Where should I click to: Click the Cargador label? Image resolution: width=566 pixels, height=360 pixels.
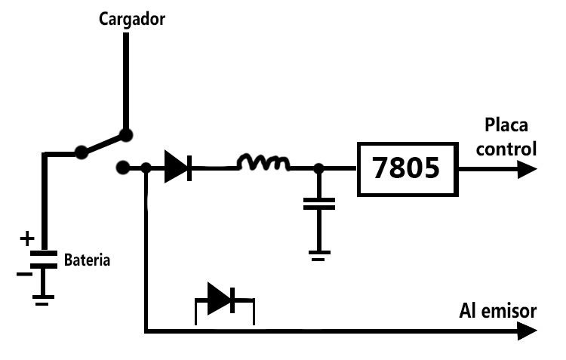pyautogui.click(x=132, y=20)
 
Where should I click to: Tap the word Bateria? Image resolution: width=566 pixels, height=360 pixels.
pyautogui.click(x=87, y=260)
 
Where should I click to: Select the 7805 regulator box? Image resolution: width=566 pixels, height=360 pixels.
pyautogui.click(x=408, y=169)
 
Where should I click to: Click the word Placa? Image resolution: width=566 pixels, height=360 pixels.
pyautogui.click(x=506, y=125)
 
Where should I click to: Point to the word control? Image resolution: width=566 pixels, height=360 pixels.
pyautogui.click(x=506, y=149)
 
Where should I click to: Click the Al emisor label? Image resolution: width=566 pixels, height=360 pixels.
pyautogui.click(x=498, y=311)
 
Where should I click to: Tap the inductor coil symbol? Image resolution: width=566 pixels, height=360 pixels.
pyautogui.click(x=263, y=162)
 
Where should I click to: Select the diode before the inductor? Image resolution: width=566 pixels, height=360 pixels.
pyautogui.click(x=178, y=167)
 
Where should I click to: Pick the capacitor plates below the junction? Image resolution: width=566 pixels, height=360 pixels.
pyautogui.click(x=319, y=204)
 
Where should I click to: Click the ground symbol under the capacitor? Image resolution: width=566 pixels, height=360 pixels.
pyautogui.click(x=319, y=256)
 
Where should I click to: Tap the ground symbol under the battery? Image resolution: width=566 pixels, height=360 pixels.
pyautogui.click(x=43, y=300)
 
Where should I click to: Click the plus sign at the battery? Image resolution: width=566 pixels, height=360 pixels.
pyautogui.click(x=27, y=238)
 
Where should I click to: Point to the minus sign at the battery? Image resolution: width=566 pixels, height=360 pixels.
pyautogui.click(x=24, y=275)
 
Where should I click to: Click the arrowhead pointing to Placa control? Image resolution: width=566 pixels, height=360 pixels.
pyautogui.click(x=527, y=169)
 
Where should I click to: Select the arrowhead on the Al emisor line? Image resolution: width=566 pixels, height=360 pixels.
pyautogui.click(x=527, y=331)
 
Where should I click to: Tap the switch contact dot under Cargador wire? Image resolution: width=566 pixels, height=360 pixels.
pyautogui.click(x=126, y=135)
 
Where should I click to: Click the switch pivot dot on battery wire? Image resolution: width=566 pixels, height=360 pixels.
pyautogui.click(x=82, y=152)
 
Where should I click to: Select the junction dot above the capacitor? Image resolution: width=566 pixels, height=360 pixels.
pyautogui.click(x=318, y=168)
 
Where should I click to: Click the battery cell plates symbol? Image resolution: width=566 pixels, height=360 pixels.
pyautogui.click(x=44, y=260)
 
